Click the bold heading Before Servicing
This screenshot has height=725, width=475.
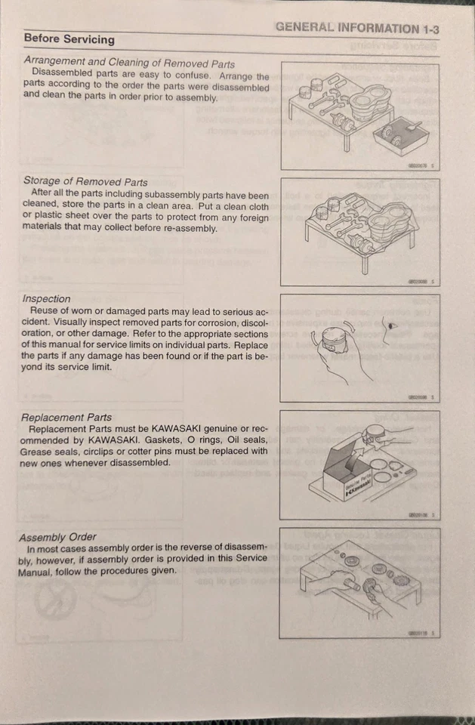point(69,39)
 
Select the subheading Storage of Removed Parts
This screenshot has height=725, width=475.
point(85,181)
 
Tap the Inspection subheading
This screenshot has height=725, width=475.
point(46,298)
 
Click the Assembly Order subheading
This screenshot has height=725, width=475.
point(57,537)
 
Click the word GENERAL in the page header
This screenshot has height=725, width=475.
point(304,28)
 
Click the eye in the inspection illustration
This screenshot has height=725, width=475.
point(391,325)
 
